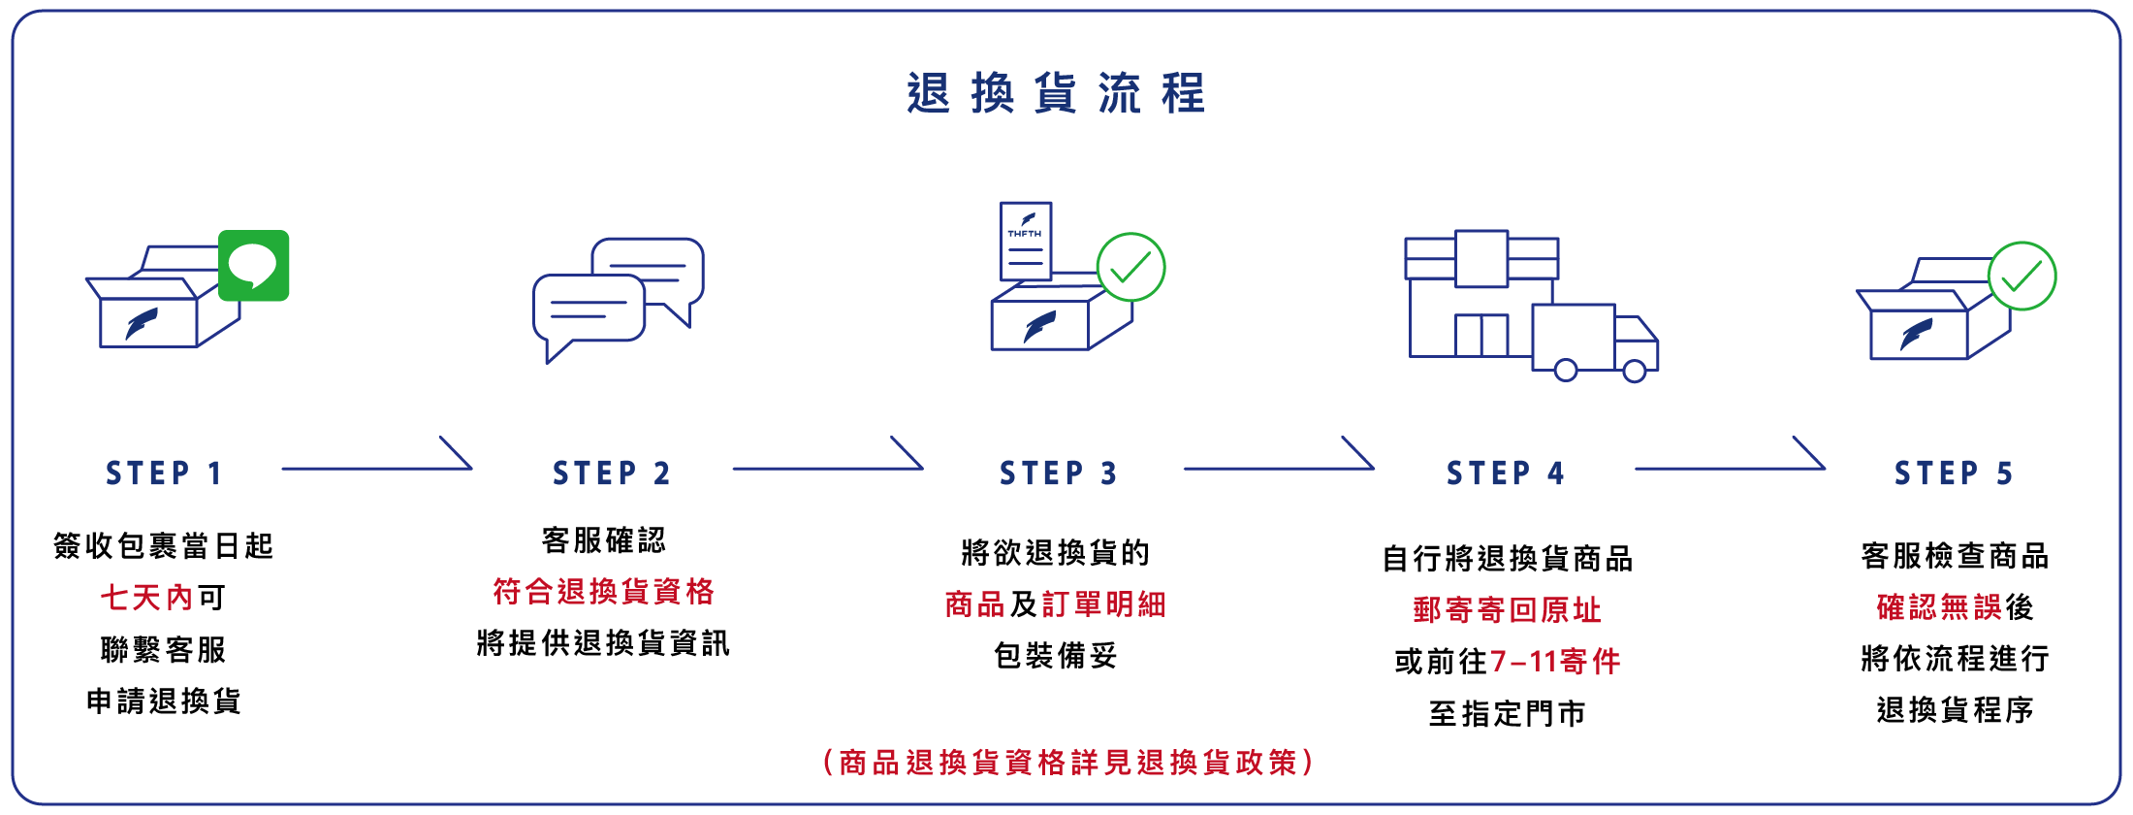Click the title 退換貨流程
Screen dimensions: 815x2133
[x=1056, y=94]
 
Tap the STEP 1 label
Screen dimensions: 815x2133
[x=164, y=473]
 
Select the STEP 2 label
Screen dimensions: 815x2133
[x=612, y=473]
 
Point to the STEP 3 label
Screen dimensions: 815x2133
[x=1059, y=473]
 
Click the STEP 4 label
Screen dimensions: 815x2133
[x=1506, y=473]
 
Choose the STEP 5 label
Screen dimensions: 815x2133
[x=1954, y=473]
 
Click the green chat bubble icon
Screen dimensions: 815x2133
[x=254, y=265]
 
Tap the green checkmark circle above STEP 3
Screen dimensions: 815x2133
[x=1130, y=267]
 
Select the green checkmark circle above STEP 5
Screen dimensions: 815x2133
[x=2022, y=276]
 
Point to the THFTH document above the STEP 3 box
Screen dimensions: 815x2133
[x=1025, y=241]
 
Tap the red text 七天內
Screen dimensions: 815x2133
[x=147, y=598]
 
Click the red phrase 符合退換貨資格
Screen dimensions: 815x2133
[x=603, y=591]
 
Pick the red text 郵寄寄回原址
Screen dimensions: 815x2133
[x=1507, y=610]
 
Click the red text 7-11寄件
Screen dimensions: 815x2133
[x=1555, y=662]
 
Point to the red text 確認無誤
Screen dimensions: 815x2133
[x=1939, y=607]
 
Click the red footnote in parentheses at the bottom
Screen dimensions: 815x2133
[x=1067, y=763]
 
